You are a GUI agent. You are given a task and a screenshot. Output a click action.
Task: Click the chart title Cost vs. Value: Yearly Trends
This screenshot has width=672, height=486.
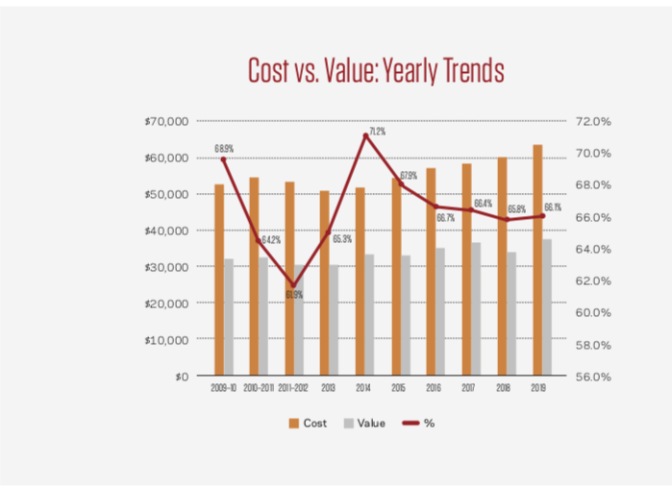376,72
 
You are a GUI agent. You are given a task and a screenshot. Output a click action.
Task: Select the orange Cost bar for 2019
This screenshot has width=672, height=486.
537,260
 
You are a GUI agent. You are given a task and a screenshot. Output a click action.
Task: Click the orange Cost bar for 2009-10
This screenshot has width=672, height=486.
219,279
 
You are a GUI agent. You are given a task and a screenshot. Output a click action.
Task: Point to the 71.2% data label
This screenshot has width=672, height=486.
376,132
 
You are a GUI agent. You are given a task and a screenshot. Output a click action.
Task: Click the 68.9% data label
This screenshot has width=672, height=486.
224,149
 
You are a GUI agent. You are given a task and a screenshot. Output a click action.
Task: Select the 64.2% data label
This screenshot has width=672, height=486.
270,239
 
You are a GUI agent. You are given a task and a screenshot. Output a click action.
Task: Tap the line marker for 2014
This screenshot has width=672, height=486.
366,136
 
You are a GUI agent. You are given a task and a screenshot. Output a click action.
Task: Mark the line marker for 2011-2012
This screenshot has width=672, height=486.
295,285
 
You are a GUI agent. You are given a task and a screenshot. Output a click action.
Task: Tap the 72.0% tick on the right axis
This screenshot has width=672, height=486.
593,122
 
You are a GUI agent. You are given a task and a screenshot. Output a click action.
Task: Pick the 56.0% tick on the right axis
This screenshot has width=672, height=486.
593,377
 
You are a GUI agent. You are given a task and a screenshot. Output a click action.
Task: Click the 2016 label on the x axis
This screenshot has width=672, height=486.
434,388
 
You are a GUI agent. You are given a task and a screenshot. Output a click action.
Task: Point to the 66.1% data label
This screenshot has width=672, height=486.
553,207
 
